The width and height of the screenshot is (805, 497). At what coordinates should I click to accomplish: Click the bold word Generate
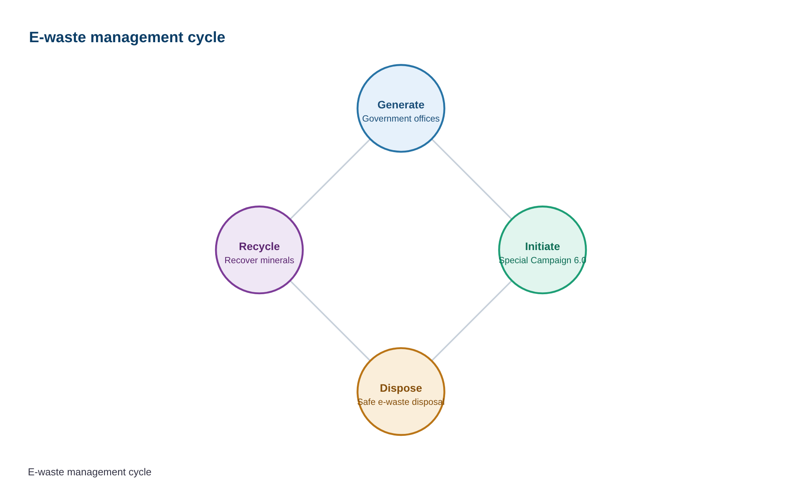pyautogui.click(x=401, y=105)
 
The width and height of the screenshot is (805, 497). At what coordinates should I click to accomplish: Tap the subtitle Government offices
pyautogui.click(x=401, y=119)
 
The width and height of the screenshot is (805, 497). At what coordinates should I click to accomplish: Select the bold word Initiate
pyautogui.click(x=542, y=247)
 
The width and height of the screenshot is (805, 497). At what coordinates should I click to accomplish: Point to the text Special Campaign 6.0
pyautogui.click(x=542, y=260)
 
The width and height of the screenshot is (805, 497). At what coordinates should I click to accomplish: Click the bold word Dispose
pyautogui.click(x=401, y=388)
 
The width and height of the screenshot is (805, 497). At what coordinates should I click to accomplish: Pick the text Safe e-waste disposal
pyautogui.click(x=401, y=402)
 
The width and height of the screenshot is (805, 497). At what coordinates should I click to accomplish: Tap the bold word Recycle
pyautogui.click(x=259, y=247)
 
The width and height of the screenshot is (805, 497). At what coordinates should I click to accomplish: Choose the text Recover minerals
pyautogui.click(x=259, y=260)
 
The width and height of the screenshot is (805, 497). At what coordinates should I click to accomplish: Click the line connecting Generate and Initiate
pyautogui.click(x=472, y=179)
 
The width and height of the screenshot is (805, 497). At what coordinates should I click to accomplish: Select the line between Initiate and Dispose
pyautogui.click(x=472, y=321)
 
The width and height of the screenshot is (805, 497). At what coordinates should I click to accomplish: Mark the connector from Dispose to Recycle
pyautogui.click(x=330, y=321)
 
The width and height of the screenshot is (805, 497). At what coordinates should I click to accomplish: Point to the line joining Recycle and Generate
pyautogui.click(x=330, y=179)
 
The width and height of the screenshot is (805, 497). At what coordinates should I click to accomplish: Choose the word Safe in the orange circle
pyautogui.click(x=367, y=402)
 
